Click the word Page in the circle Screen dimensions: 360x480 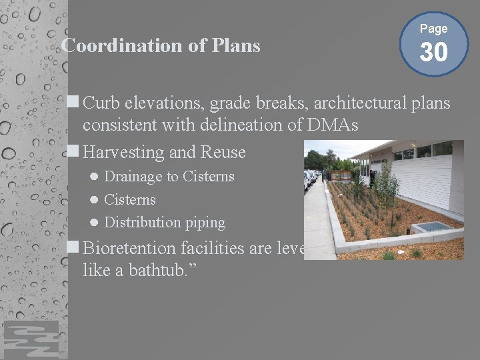tap(433, 29)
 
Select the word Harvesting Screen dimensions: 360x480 tap(123, 153)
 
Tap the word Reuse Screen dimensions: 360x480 tap(222, 153)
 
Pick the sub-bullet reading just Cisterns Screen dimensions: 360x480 tap(130, 199)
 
